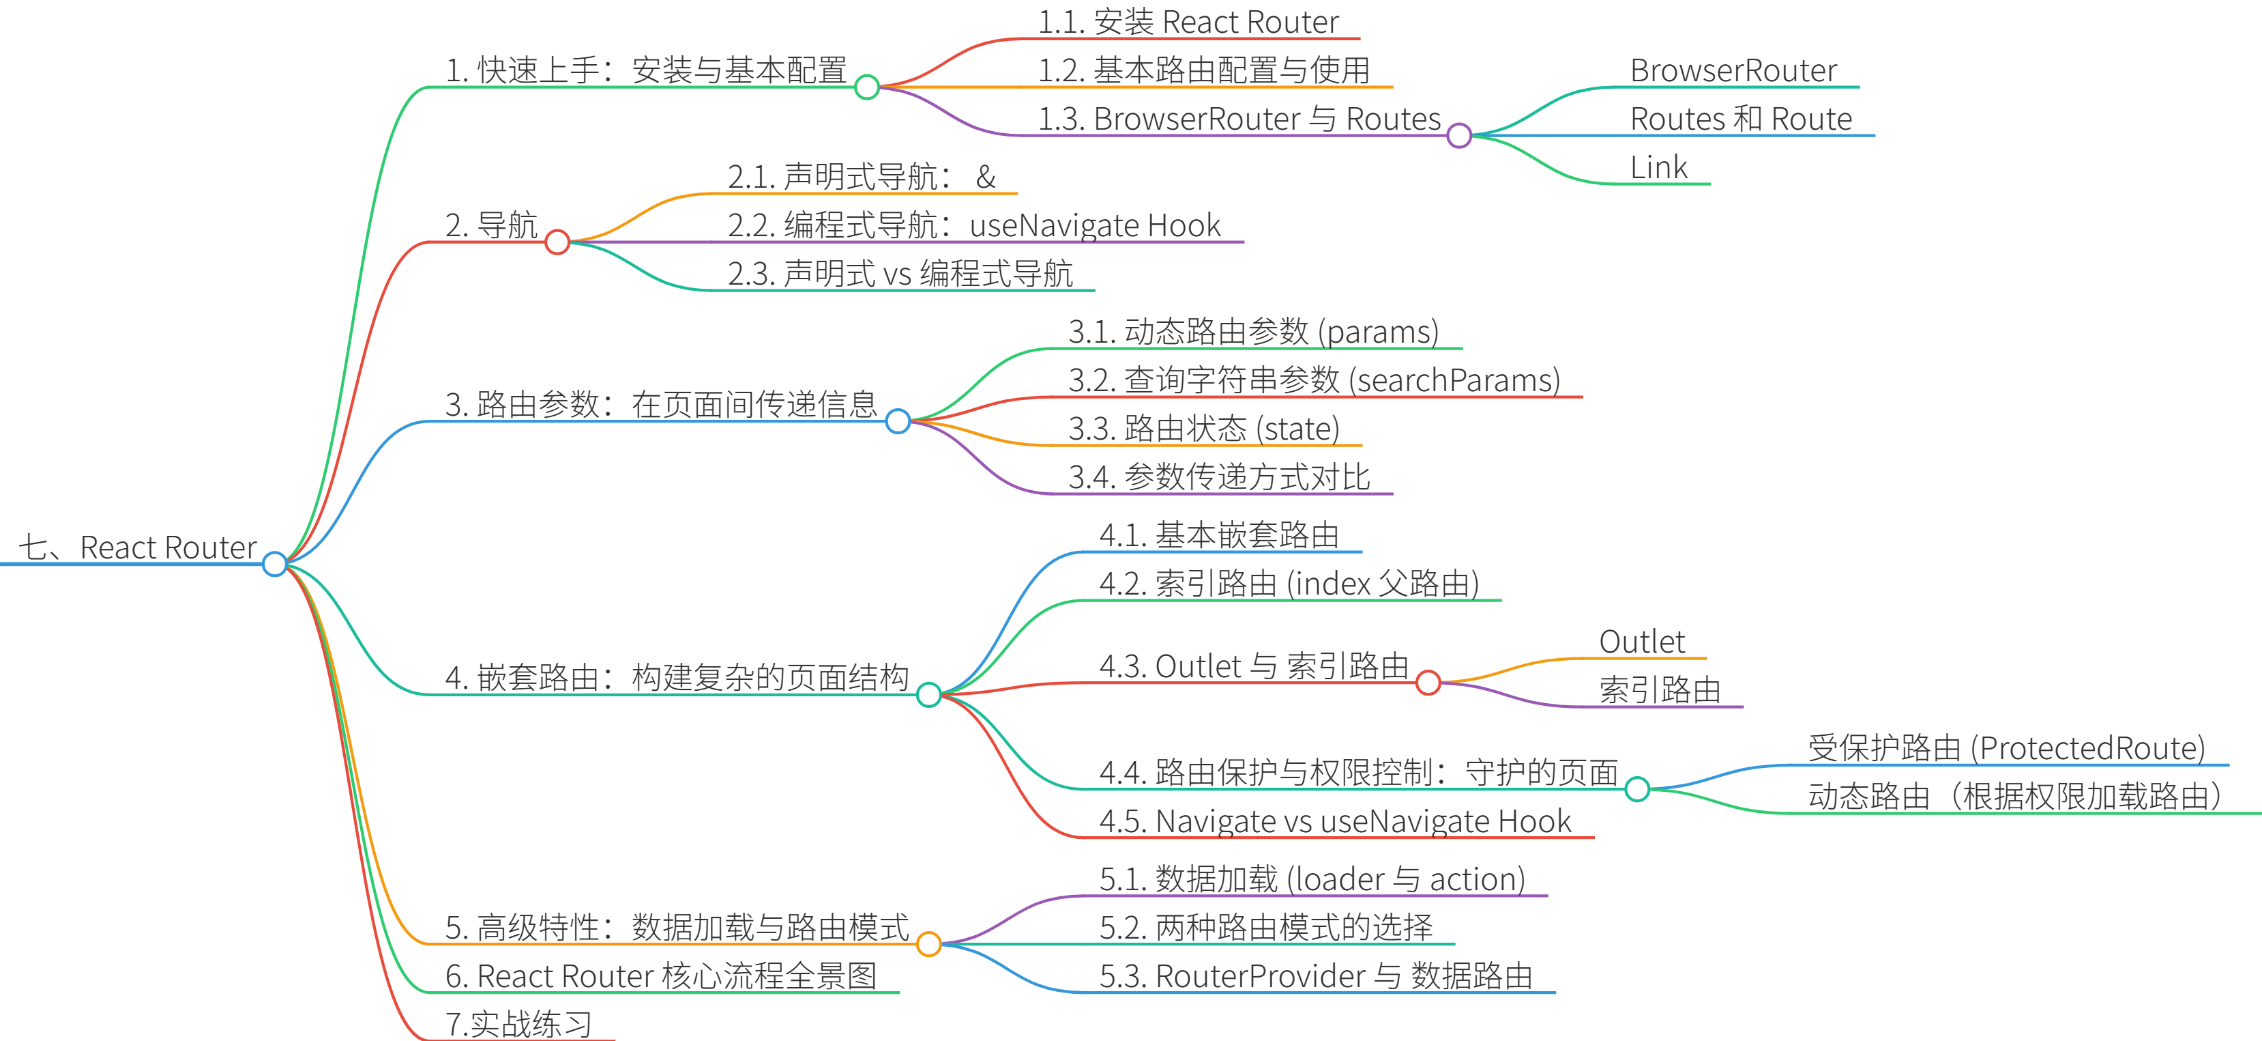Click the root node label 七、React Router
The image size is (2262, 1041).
tap(138, 547)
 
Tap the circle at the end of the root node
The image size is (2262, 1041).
tap(275, 564)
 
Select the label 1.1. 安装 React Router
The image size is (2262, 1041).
tap(1188, 22)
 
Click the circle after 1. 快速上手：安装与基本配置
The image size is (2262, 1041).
tap(867, 87)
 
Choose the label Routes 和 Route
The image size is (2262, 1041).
tap(1740, 119)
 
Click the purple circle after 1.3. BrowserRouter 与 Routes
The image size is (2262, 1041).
tap(1458, 135)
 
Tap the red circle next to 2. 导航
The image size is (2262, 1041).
tap(557, 242)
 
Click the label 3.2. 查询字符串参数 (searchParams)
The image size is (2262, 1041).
tap(1314, 380)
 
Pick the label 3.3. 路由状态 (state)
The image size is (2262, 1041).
tap(1204, 429)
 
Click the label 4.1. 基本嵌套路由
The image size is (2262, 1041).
tap(1219, 535)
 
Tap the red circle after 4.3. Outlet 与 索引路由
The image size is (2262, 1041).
tap(1428, 683)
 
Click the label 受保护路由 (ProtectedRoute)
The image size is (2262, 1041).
tap(2006, 748)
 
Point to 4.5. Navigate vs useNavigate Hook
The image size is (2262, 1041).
tap(1335, 821)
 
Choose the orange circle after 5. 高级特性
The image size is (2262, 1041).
tap(928, 944)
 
